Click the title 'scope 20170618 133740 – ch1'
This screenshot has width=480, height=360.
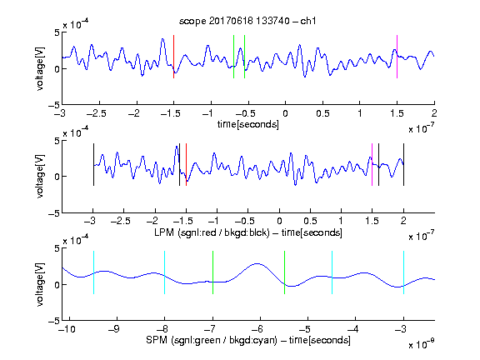(x=247, y=21)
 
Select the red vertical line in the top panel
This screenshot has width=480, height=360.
(x=173, y=57)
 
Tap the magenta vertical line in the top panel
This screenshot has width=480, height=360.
(x=397, y=57)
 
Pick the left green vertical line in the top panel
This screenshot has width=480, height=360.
(x=233, y=57)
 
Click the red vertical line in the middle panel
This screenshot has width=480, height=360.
(x=186, y=164)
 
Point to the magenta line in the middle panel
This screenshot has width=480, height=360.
(x=372, y=164)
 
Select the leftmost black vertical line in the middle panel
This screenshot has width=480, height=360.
(x=93, y=164)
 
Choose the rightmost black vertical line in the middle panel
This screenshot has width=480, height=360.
(x=403, y=164)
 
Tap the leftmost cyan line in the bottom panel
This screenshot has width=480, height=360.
(x=93, y=272)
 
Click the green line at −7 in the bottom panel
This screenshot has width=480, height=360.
(x=212, y=272)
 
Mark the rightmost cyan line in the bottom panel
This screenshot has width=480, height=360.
(x=403, y=272)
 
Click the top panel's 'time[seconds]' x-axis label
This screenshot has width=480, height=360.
(x=248, y=124)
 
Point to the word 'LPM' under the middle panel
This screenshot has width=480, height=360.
(x=164, y=232)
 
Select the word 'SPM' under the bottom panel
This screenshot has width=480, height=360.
(x=157, y=340)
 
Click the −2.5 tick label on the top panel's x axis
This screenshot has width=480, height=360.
(x=97, y=113)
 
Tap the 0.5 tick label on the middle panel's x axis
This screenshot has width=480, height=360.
(x=310, y=221)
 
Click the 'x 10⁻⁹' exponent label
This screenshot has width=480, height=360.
(x=421, y=344)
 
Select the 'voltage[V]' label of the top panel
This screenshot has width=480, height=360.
(x=40, y=68)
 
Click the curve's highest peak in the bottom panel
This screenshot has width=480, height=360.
(x=257, y=263)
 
